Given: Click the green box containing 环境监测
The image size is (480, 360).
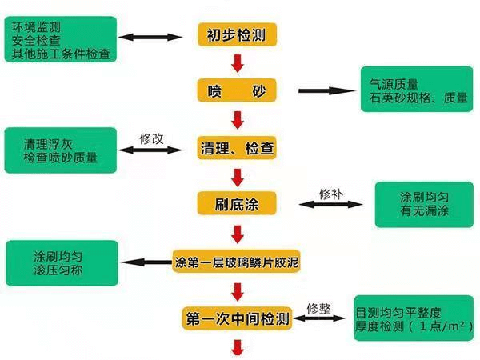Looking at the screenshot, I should [61, 38].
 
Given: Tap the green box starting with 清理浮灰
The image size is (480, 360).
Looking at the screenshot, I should [60, 150].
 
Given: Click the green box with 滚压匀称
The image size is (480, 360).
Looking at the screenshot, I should [61, 262].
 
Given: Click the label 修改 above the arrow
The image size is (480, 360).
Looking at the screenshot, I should [152, 138].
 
